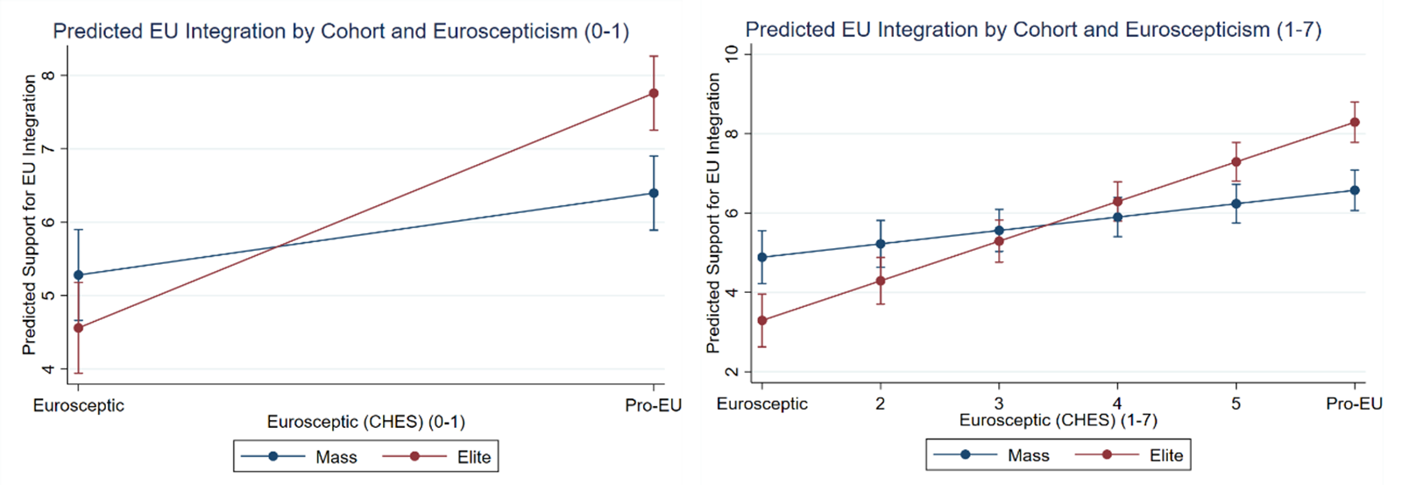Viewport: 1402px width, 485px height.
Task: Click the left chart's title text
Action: pos(341,32)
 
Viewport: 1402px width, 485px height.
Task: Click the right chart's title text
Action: pos(1033,30)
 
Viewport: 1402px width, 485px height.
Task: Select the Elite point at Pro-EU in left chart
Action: pos(654,93)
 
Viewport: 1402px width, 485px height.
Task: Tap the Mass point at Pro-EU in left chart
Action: pos(654,193)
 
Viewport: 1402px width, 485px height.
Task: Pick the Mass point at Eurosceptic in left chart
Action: pos(79,275)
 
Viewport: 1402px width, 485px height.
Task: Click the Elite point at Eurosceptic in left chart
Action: pos(79,328)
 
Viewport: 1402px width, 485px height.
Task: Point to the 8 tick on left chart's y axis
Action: pos(49,75)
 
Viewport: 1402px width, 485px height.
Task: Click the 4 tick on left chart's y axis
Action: pos(49,369)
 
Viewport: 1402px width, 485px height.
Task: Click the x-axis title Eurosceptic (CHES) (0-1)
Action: pos(366,422)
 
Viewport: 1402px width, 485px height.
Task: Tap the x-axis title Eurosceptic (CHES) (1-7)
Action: pos(1058,420)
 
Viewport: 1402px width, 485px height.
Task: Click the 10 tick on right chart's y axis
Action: pos(733,54)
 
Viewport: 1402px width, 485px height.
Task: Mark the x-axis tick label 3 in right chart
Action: pos(998,403)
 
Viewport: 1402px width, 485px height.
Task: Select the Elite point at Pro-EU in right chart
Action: pos(1355,122)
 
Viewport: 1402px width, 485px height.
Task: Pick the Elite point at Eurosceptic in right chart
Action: pos(762,320)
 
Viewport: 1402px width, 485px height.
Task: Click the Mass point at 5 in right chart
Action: pos(1236,203)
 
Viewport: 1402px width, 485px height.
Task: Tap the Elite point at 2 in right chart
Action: pos(881,281)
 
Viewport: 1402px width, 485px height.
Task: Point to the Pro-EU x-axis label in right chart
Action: pos(1354,403)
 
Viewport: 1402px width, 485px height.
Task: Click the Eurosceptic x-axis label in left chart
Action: pos(79,405)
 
